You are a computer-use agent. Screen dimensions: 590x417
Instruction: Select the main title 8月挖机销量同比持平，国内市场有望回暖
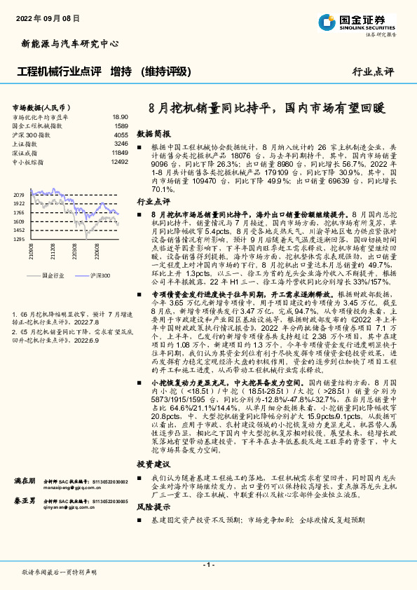268,109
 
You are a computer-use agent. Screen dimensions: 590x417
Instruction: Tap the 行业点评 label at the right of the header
373,71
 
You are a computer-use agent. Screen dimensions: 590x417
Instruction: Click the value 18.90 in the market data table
120,118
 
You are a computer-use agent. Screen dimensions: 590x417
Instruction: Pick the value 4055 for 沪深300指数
121,135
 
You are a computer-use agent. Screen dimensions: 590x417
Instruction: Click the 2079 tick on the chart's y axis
19,194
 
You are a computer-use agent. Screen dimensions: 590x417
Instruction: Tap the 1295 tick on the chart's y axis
19,239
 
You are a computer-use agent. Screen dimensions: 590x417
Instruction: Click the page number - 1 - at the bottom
208,564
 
